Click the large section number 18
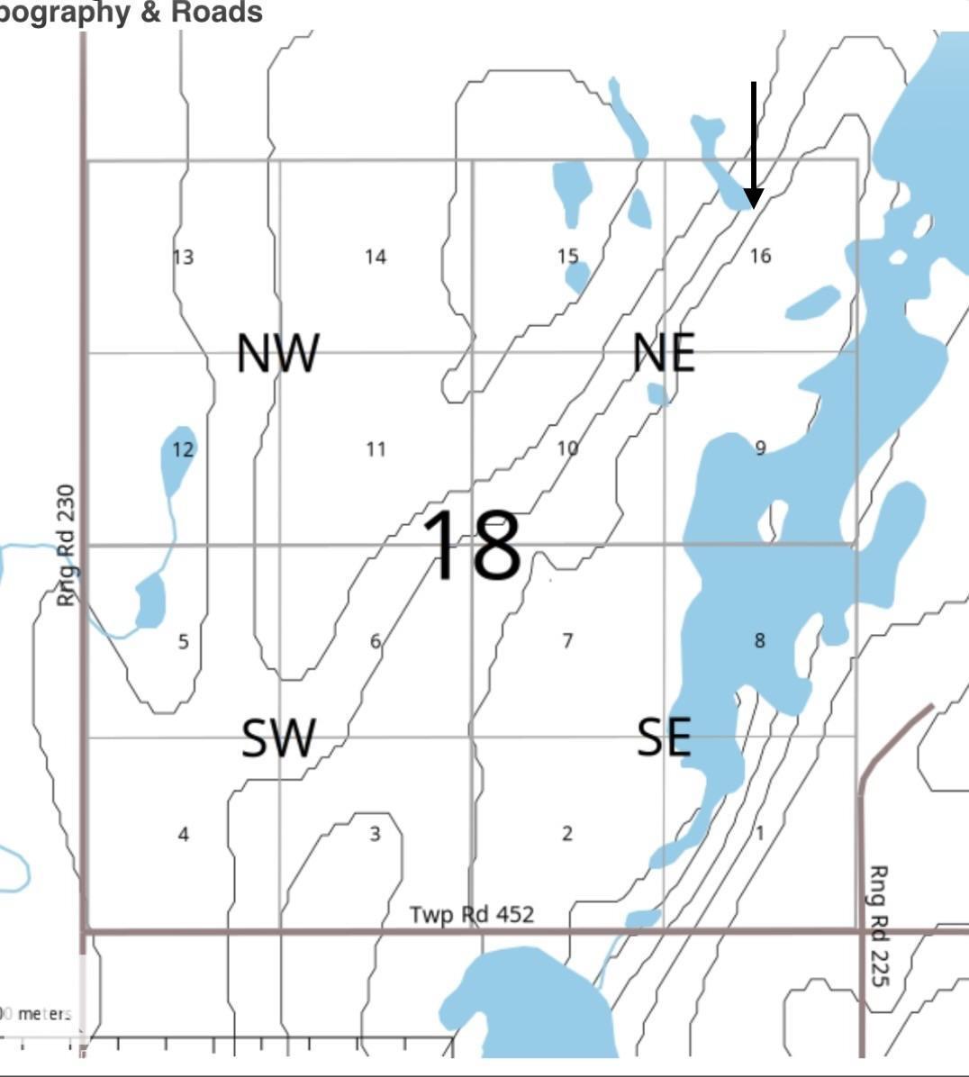[472, 545]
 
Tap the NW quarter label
[277, 353]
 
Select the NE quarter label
[664, 353]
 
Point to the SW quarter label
[279, 738]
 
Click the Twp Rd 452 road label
[472, 915]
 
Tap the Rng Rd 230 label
[66, 546]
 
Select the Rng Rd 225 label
[877, 925]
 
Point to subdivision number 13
[183, 258]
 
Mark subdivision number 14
[376, 258]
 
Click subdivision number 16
[760, 256]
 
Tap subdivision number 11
[376, 448]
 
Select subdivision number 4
[184, 834]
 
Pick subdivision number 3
[376, 834]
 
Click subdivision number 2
[567, 834]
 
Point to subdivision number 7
[567, 641]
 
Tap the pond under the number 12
[179, 459]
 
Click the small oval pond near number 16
[813, 303]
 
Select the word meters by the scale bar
[44, 1014]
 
